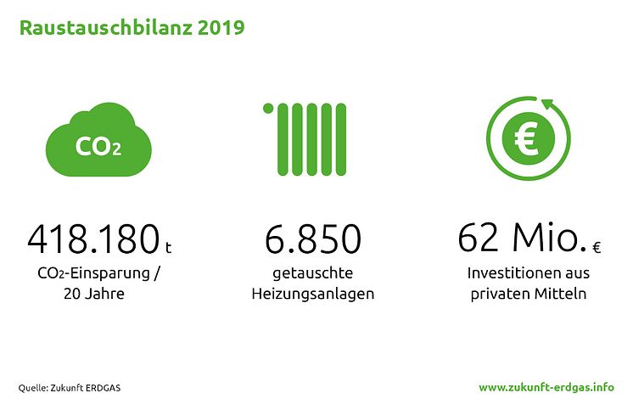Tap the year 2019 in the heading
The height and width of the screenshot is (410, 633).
coord(221,28)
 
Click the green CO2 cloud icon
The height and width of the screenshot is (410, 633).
coord(98,140)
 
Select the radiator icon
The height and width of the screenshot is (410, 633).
coord(305,139)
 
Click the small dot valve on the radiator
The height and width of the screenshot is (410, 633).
coord(268,109)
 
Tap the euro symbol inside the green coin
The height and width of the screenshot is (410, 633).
coord(527,139)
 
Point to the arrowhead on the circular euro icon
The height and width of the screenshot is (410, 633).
coord(549,104)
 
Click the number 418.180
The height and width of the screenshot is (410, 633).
coord(93,239)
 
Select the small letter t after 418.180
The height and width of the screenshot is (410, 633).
coord(168,247)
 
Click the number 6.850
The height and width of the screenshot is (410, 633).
coord(313,239)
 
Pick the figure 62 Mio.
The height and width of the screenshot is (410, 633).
coord(523,238)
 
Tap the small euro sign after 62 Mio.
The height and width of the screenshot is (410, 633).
coord(597,247)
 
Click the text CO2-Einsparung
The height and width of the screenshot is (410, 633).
coord(93,273)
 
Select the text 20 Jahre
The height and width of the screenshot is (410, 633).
coord(94,293)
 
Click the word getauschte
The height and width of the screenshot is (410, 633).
coord(313,273)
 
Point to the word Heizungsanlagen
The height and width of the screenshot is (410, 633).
coord(313,294)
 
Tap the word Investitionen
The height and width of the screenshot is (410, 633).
coord(508,273)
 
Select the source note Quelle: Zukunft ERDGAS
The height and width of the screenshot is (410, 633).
coord(70,388)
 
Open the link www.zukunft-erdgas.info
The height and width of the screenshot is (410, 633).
coord(546,387)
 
